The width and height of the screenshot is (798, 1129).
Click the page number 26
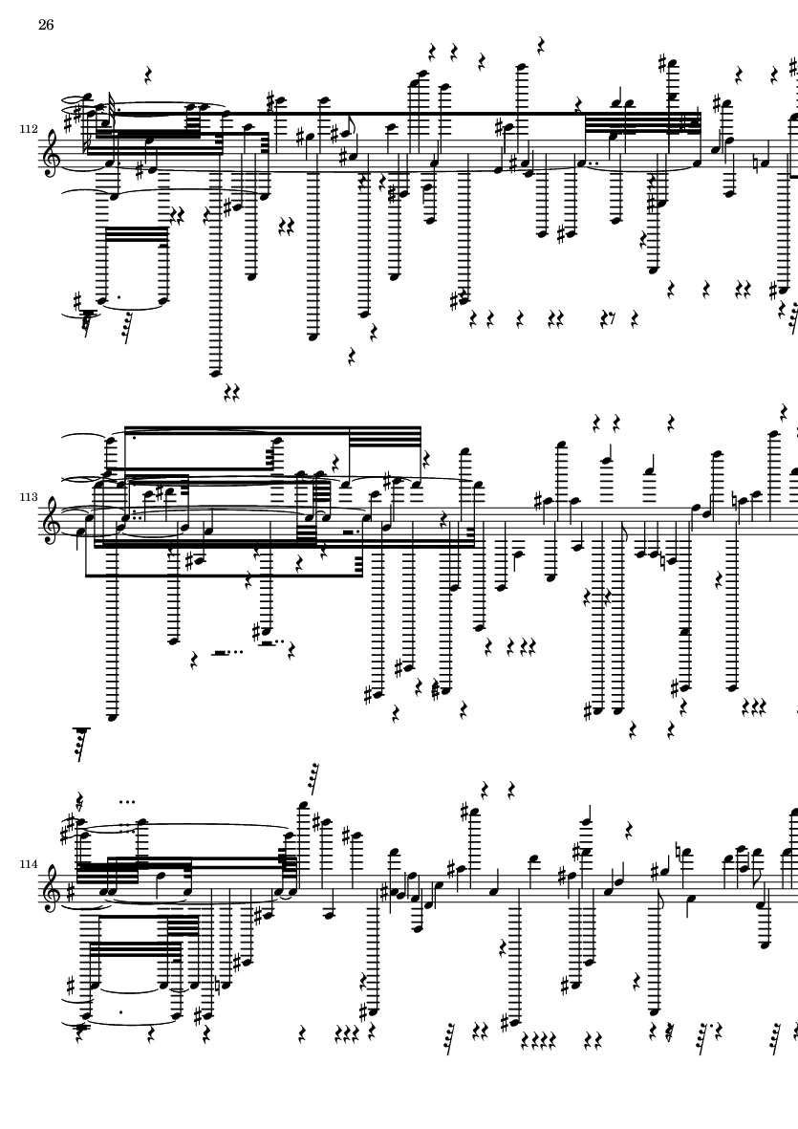[46, 25]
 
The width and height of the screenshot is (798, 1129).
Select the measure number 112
[29, 130]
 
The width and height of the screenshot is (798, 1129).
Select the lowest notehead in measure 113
[111, 717]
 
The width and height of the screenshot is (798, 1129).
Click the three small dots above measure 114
[127, 801]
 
